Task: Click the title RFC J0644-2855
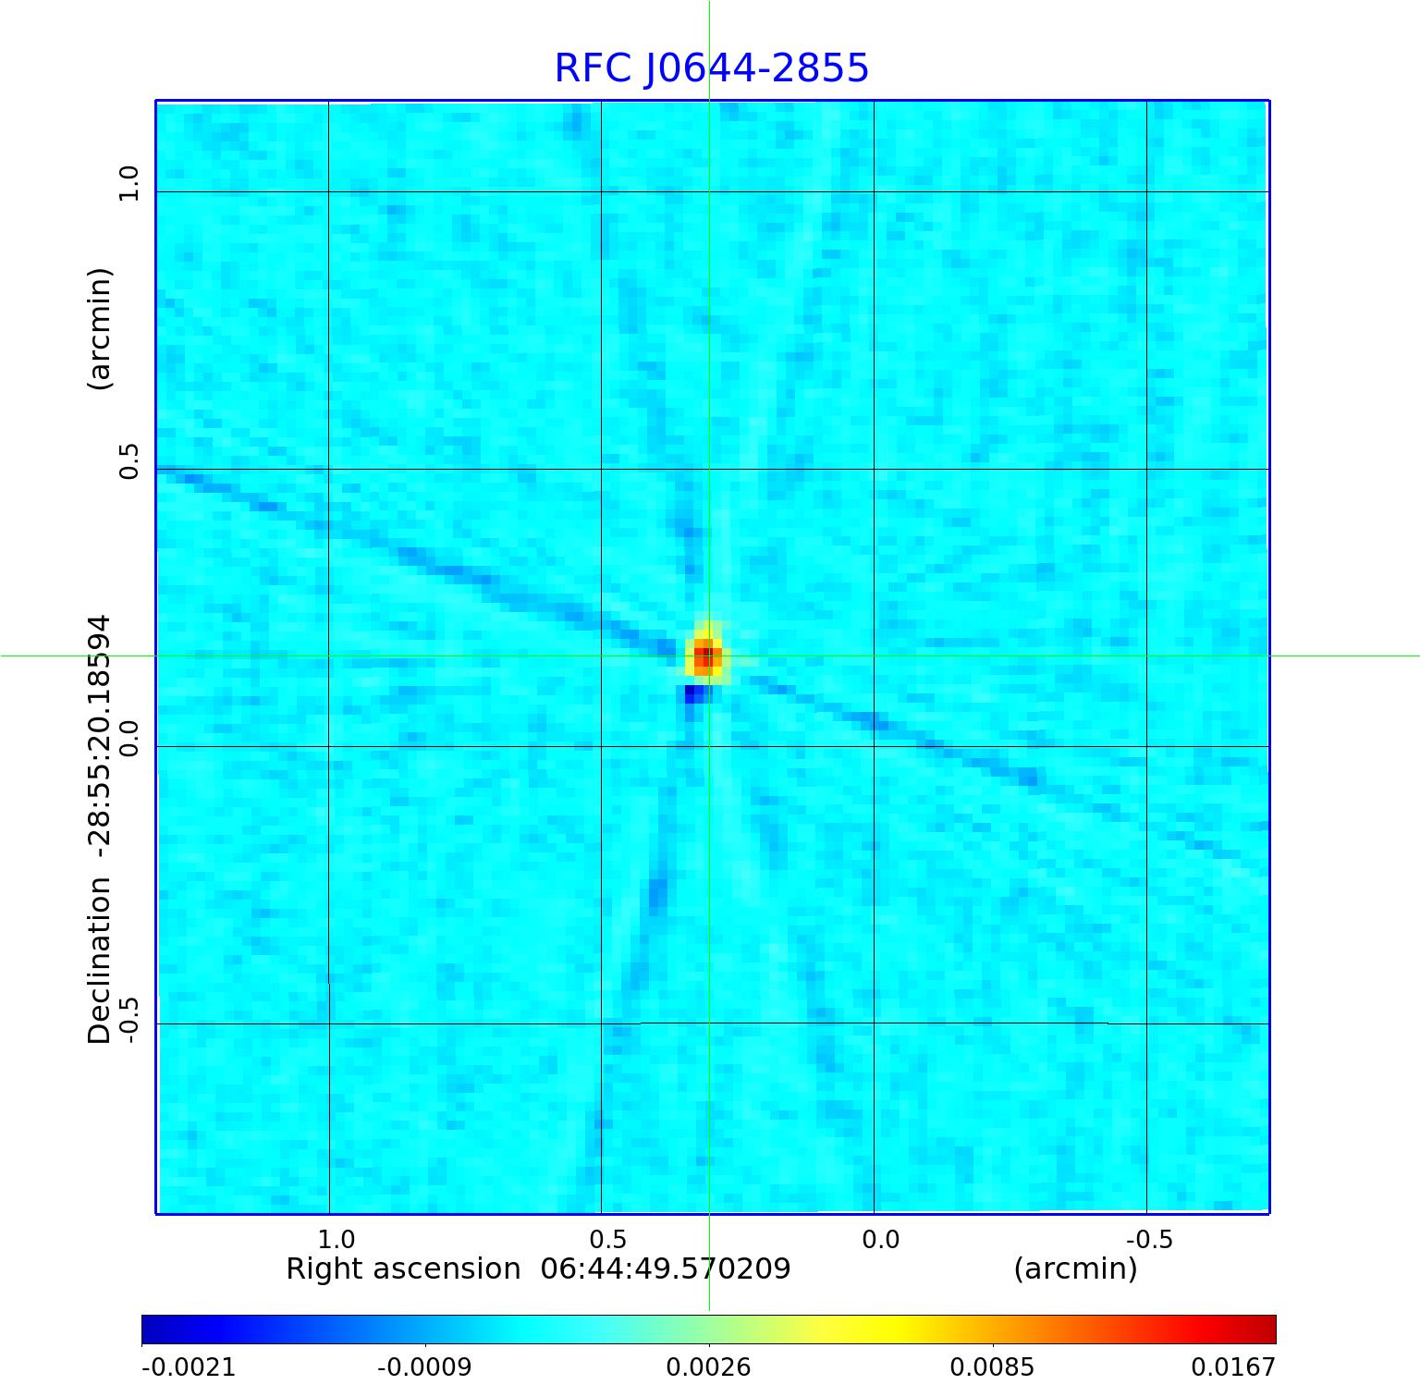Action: coord(711,67)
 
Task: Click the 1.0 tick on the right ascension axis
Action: coord(337,1239)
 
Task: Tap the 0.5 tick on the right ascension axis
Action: coord(607,1239)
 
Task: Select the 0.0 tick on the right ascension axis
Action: coord(880,1239)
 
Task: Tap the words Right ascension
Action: coord(403,1268)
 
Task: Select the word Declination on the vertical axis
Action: coord(99,961)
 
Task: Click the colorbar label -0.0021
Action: coord(188,1366)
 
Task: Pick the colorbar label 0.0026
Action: coord(710,1366)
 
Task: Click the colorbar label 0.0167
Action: coord(1232,1366)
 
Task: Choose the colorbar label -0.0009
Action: coord(424,1366)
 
